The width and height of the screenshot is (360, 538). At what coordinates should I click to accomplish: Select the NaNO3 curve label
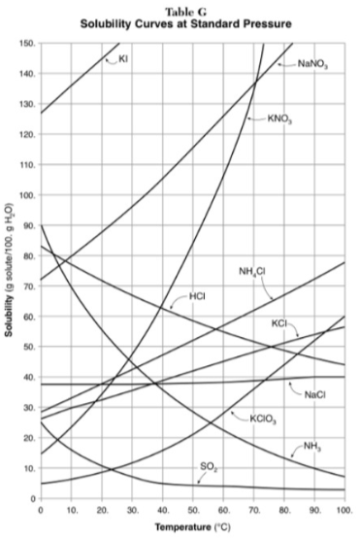click(312, 64)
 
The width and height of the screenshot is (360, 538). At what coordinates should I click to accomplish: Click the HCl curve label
click(197, 294)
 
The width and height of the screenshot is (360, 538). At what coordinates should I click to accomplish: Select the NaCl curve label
click(313, 394)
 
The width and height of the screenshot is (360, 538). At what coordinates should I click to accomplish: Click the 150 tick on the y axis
click(27, 44)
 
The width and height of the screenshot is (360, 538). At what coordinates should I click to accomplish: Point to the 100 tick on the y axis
click(27, 196)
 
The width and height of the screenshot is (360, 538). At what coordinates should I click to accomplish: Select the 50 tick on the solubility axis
click(29, 347)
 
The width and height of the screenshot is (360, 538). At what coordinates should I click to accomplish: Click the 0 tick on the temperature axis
click(41, 509)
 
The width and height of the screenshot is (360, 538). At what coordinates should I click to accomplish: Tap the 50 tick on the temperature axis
click(192, 509)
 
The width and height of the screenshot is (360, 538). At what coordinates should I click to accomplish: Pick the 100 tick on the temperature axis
click(343, 509)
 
